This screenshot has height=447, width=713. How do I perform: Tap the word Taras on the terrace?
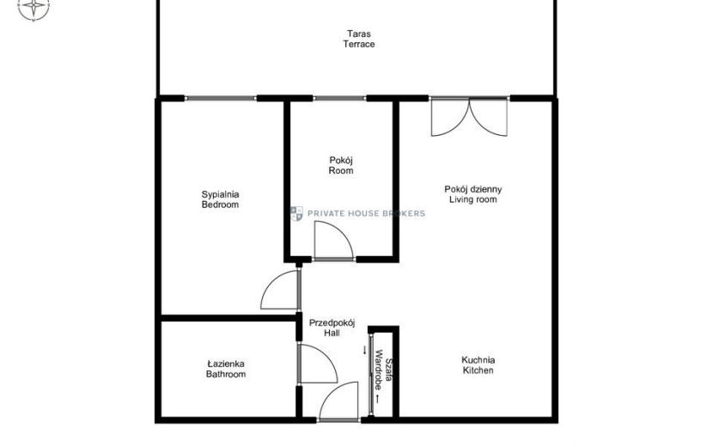359,34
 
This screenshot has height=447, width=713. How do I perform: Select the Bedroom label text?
220,205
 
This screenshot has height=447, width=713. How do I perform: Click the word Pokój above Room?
341,161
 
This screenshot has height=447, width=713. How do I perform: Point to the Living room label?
473,199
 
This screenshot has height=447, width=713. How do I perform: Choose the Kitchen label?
478,370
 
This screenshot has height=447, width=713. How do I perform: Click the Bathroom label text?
226,374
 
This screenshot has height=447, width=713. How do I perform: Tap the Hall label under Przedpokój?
332,333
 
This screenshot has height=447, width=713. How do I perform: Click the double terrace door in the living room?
469,117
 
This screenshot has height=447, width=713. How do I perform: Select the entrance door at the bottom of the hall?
339,401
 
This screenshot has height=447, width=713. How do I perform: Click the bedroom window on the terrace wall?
221,98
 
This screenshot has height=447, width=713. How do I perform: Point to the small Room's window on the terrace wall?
339,98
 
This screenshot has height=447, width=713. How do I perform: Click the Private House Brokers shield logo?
296,213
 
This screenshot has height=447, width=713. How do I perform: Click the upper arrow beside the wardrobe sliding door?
364,350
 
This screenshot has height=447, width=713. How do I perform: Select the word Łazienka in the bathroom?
226,364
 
